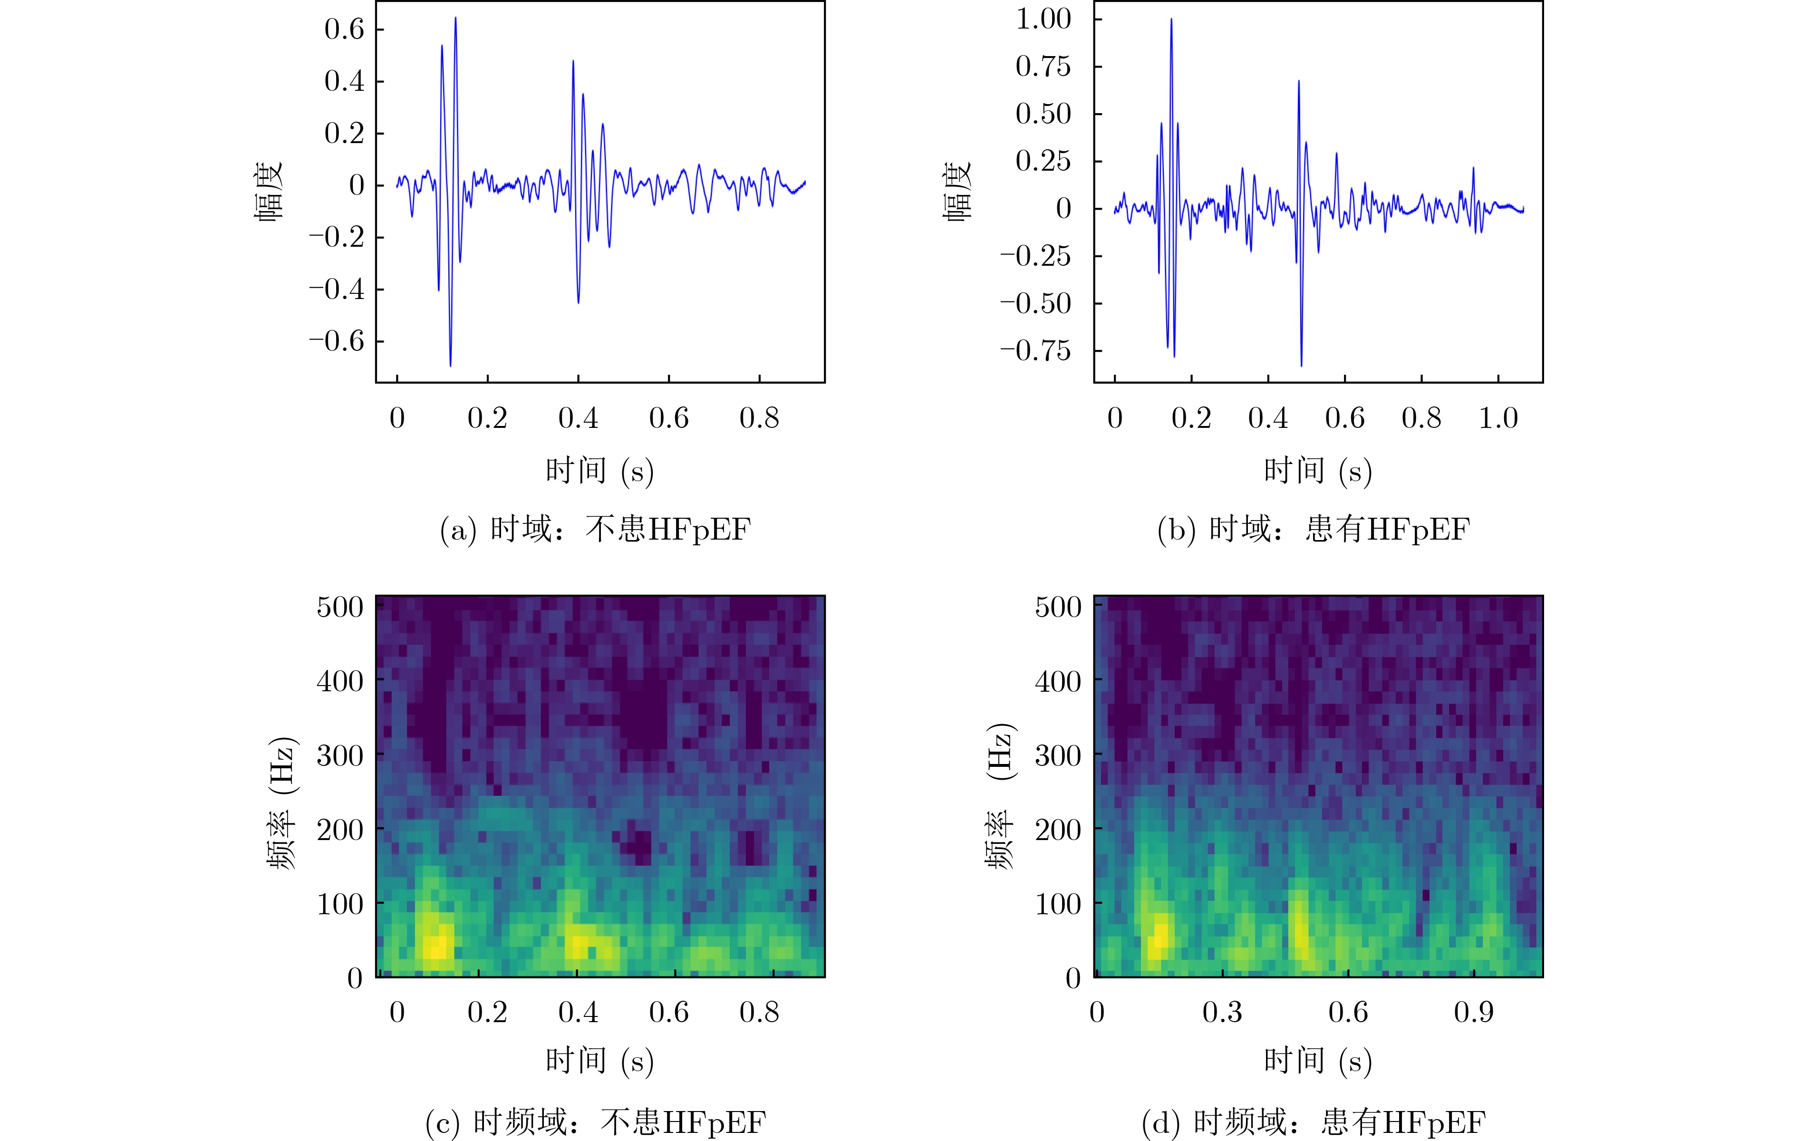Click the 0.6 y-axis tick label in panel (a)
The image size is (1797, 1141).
coord(344,30)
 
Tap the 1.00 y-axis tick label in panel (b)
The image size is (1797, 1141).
coord(1043,19)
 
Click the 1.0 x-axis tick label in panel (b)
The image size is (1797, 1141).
coord(1498,419)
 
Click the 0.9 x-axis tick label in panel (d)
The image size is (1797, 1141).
coord(1473,1013)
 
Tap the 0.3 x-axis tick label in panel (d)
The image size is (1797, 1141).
coord(1222,1013)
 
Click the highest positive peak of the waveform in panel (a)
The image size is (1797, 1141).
coord(455,19)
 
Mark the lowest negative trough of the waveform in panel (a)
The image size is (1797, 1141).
coord(450,365)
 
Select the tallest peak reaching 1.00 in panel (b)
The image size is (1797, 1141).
coord(1171,20)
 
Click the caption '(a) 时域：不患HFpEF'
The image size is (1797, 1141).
coord(595,530)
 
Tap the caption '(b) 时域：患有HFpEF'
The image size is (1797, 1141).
coord(1313,530)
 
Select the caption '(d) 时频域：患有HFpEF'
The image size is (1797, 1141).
coord(1313,1122)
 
